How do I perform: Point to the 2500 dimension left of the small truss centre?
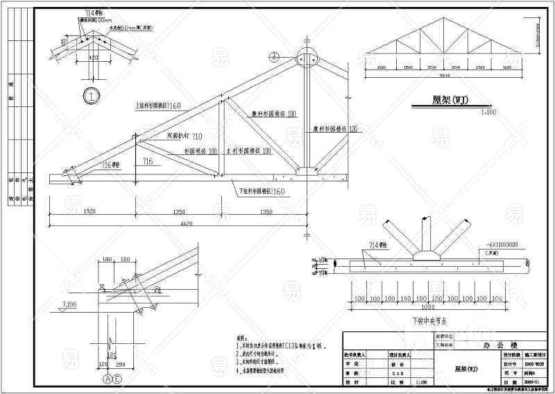click(432, 68)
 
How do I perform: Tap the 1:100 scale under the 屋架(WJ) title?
click(459, 111)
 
